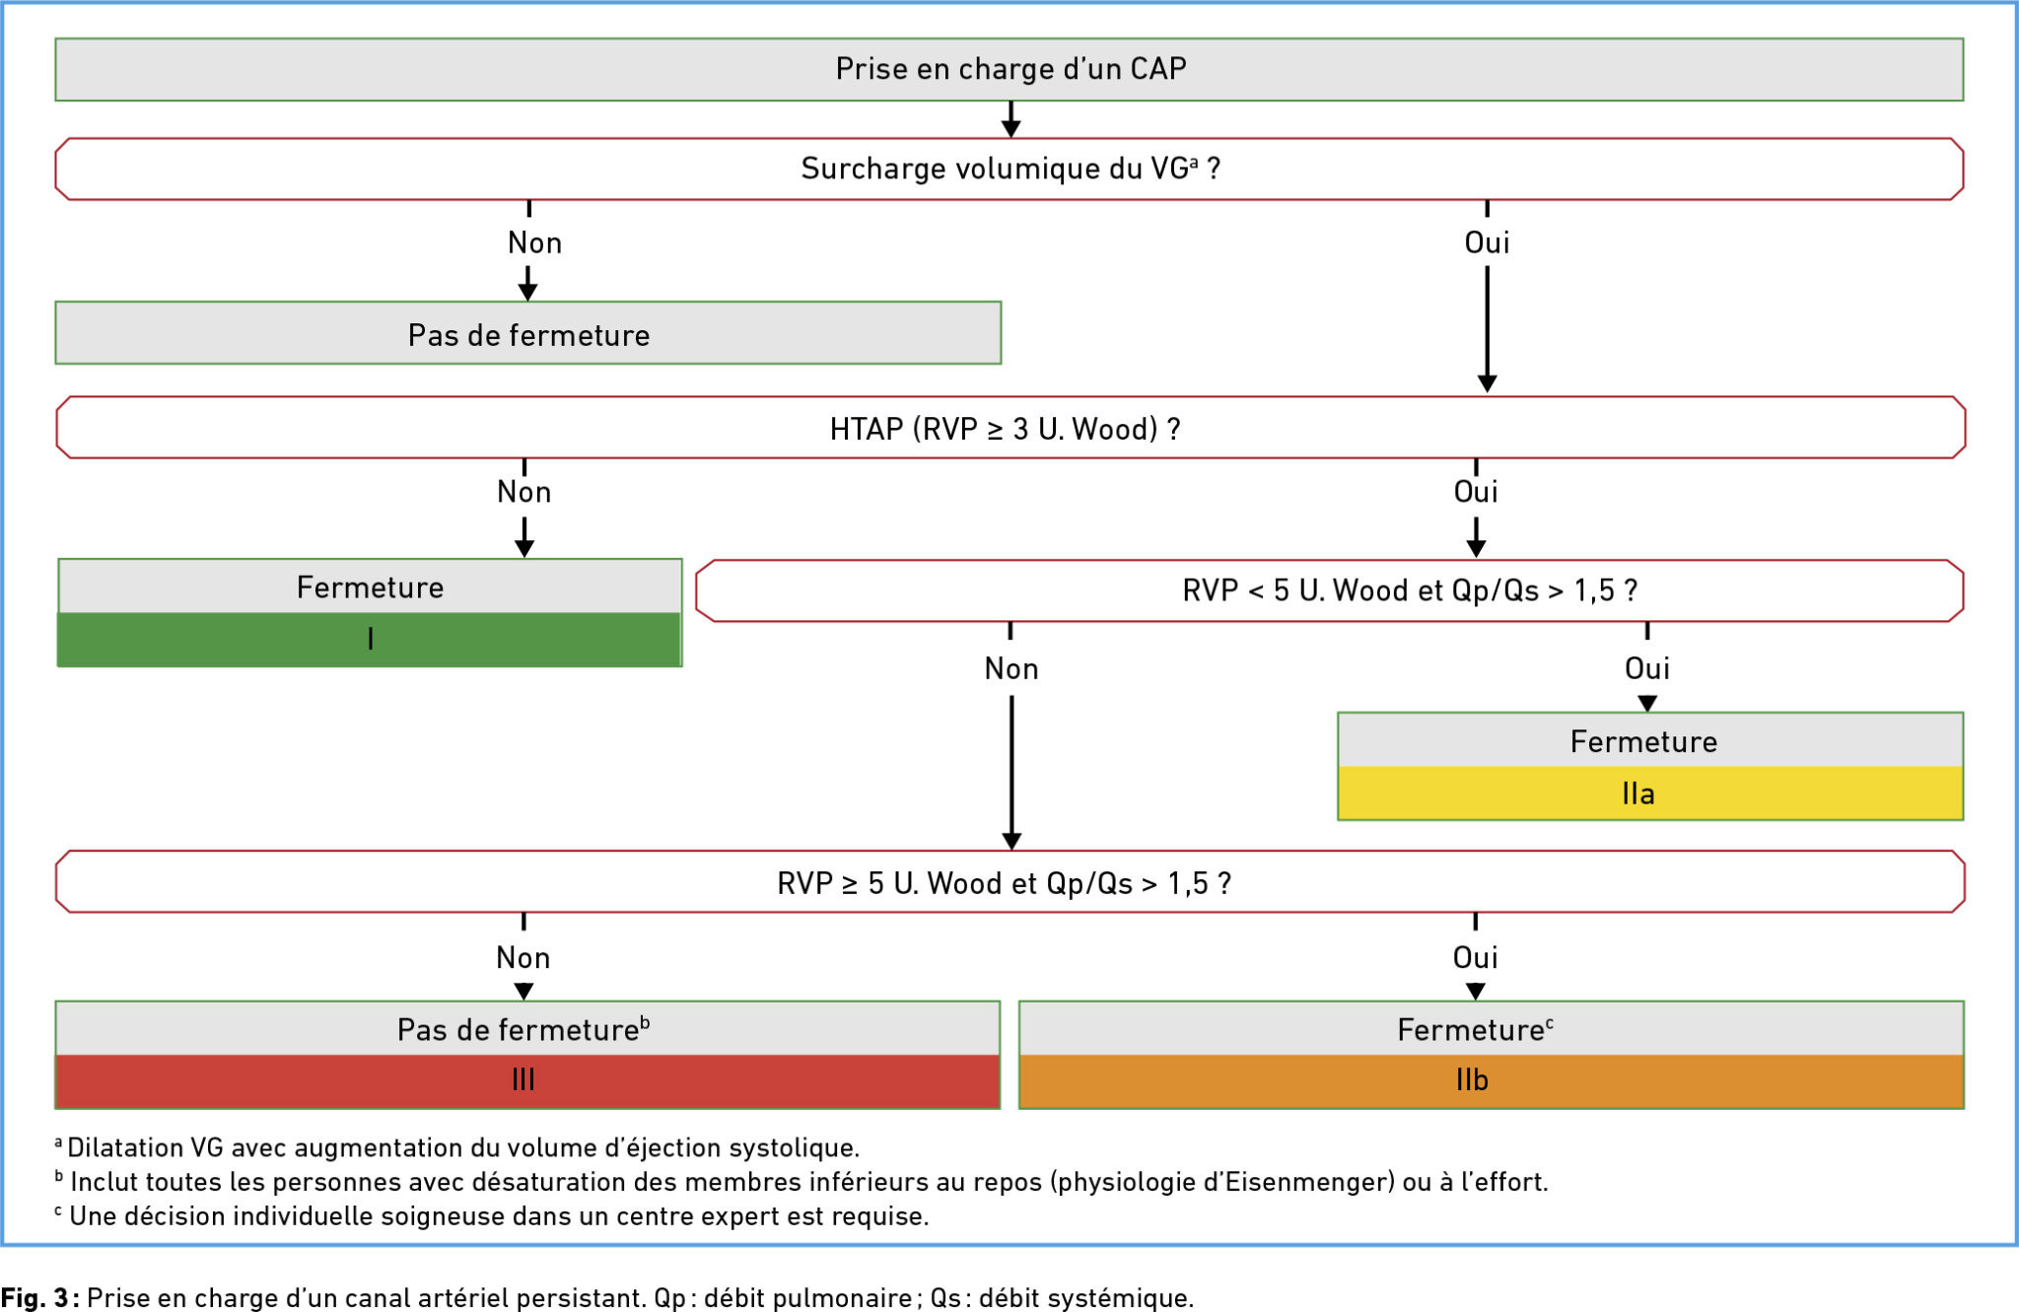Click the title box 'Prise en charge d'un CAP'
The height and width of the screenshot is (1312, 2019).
(1009, 69)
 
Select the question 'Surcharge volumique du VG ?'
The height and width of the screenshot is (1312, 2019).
(1009, 169)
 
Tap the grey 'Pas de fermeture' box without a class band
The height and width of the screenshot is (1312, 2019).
(528, 333)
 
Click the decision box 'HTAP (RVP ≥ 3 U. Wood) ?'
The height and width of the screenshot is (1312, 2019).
(1010, 428)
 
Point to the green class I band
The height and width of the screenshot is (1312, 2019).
(370, 640)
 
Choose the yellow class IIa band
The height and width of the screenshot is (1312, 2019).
(1650, 794)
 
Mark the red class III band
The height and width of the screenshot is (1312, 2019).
(527, 1081)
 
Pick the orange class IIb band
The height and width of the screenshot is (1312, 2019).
(1492, 1081)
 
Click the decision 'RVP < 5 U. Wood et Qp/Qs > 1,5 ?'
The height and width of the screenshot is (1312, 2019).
(1330, 590)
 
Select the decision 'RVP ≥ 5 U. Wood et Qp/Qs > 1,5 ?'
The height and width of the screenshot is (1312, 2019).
(1010, 881)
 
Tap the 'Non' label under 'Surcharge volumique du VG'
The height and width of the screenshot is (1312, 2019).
(534, 242)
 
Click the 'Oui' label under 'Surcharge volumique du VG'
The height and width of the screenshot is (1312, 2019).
(1487, 242)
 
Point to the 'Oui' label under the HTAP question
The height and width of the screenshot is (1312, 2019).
(1476, 492)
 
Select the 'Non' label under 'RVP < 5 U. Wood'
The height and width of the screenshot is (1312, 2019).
(1011, 669)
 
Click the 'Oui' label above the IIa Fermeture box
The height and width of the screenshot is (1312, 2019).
(1647, 669)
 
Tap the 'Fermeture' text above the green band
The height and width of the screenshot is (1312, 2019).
(371, 587)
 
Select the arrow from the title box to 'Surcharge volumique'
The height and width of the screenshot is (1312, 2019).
(1010, 119)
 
